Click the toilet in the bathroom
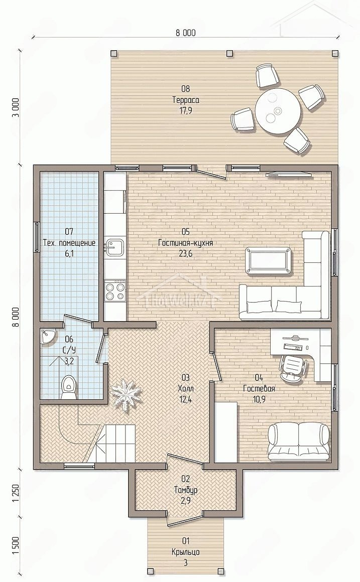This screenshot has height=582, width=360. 69,387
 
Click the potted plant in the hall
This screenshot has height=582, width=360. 127,393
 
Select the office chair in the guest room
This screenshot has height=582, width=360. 293,367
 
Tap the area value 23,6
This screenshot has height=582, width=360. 185,254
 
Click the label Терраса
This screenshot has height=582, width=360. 185,100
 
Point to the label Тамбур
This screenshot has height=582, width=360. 185,490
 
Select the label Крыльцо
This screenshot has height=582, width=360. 185,552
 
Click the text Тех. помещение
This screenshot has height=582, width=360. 69,243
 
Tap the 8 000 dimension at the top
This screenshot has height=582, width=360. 186,33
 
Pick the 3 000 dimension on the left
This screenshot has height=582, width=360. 15,108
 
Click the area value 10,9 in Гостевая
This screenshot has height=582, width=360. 259,399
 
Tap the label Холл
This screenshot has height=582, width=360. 185,389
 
